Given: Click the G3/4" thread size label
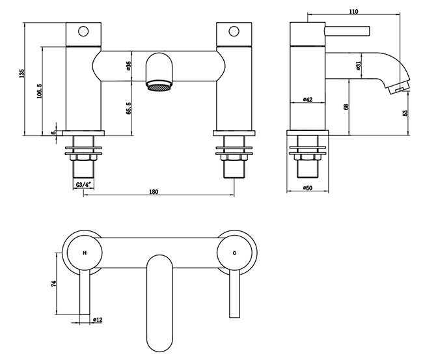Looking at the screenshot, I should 83,184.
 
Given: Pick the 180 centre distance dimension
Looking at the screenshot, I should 154,191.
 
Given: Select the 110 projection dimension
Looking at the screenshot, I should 354,12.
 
